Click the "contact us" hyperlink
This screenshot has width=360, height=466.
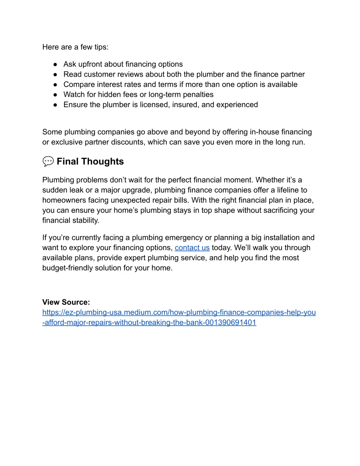192,248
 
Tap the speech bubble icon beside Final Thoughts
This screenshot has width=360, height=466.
48,161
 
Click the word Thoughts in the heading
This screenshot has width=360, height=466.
102,161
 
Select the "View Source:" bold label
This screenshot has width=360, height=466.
66,302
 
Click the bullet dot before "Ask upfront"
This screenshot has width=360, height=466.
55,64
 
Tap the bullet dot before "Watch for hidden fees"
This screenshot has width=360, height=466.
55,95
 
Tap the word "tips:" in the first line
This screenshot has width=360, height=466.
101,47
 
